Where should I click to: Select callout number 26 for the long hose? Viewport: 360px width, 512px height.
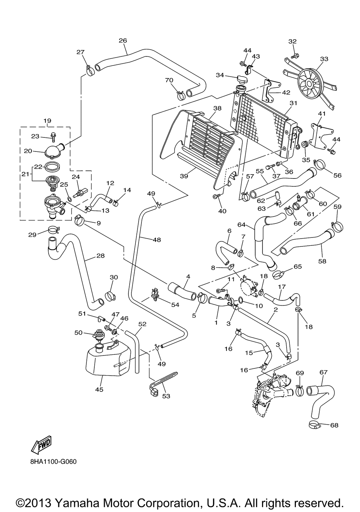pos(123,41)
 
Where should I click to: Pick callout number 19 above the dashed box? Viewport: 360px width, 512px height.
pos(48,121)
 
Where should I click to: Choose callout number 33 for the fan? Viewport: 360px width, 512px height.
pos(324,59)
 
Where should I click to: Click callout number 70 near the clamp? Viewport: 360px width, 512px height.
pos(169,80)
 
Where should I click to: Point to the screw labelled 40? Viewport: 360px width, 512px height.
pos(215,196)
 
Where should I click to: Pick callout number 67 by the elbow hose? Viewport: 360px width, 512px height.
pos(324,372)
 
